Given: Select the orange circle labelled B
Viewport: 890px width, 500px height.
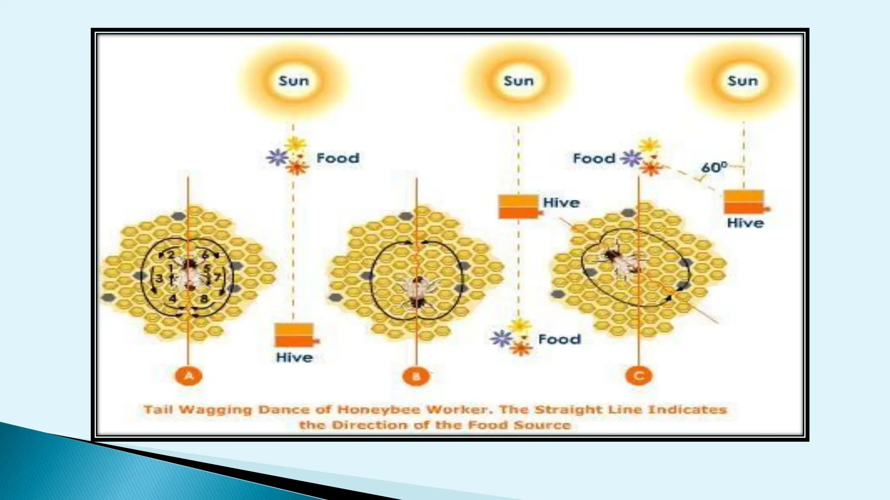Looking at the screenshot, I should (416, 376).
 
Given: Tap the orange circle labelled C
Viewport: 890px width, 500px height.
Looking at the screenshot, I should (638, 376).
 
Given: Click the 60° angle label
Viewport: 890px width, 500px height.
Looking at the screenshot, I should (714, 167).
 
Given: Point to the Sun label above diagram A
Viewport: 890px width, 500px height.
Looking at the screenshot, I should (294, 81).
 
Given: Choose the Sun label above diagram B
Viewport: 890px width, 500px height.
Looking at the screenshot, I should (518, 81).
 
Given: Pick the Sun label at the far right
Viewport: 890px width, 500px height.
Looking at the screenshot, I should (743, 81).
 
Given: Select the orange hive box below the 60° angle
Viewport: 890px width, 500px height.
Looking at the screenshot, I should (744, 202).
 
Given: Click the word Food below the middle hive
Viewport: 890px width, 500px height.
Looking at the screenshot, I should (559, 339).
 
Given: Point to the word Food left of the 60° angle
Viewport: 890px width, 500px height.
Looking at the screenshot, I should (594, 158).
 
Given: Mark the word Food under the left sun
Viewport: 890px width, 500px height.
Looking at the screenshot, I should (338, 158).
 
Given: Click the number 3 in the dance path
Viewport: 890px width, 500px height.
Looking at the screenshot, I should (159, 278).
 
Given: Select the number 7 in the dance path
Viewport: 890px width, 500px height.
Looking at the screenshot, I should (217, 276).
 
